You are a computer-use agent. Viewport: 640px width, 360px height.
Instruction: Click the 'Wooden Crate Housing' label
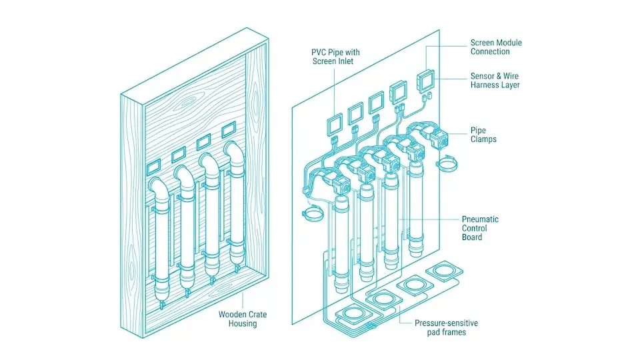pyautogui.click(x=238, y=319)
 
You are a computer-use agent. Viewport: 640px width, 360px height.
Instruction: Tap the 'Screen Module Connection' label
pyautogui.click(x=496, y=47)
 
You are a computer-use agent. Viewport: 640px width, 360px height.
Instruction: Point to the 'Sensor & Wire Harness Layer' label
pyautogui.click(x=495, y=80)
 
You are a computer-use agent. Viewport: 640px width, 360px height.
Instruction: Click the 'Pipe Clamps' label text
pyautogui.click(x=483, y=135)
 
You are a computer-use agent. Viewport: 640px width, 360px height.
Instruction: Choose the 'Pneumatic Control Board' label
pyautogui.click(x=480, y=228)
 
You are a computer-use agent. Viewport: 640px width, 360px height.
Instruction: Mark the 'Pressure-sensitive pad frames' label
pyautogui.click(x=446, y=327)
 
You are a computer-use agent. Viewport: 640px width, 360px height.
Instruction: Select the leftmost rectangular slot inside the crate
pyautogui.click(x=154, y=164)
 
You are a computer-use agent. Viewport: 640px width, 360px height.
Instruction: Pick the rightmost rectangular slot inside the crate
pyautogui.click(x=228, y=127)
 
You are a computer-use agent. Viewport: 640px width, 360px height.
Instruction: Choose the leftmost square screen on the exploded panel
pyautogui.click(x=334, y=123)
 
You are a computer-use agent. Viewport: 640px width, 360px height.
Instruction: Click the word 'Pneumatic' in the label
pyautogui.click(x=480, y=219)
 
